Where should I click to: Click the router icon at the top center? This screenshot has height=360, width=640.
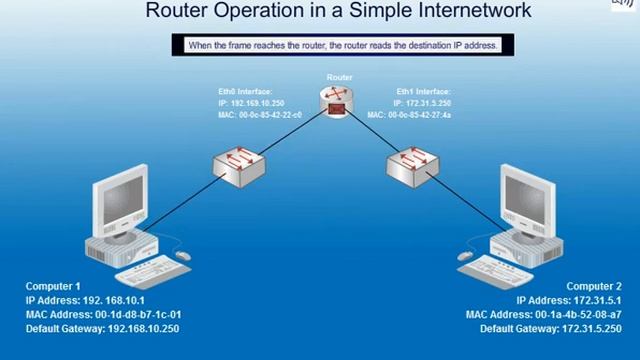pos(337,101)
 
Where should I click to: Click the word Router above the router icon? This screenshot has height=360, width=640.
pos(339,77)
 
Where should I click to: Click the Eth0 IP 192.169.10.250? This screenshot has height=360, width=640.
pos(253,102)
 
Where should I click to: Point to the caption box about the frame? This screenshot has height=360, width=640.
pos(342,46)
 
